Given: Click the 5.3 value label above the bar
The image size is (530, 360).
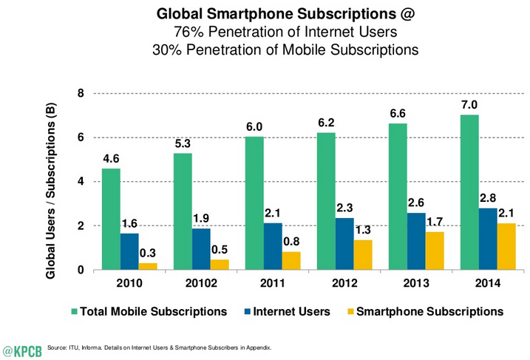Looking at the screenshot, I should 183,142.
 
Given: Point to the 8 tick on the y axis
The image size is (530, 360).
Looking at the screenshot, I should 81,94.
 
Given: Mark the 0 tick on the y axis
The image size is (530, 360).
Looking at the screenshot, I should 81,270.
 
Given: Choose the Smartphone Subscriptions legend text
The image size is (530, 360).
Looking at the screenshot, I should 429,312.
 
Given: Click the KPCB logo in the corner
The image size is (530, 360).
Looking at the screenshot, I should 22,347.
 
